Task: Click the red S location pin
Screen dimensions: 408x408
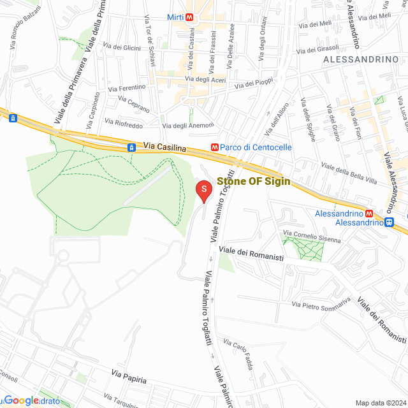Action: (203, 191)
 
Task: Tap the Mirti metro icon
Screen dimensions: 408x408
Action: (189, 17)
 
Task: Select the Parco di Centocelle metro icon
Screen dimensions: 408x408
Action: (215, 147)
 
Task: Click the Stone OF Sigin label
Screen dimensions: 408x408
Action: (254, 181)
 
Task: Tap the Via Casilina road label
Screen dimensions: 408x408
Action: (164, 147)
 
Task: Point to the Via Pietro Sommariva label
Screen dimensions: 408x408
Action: (321, 304)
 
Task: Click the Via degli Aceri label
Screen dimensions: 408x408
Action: (205, 79)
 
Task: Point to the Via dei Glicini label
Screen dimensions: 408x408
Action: (121, 47)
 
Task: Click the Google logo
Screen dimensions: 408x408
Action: (22, 400)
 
